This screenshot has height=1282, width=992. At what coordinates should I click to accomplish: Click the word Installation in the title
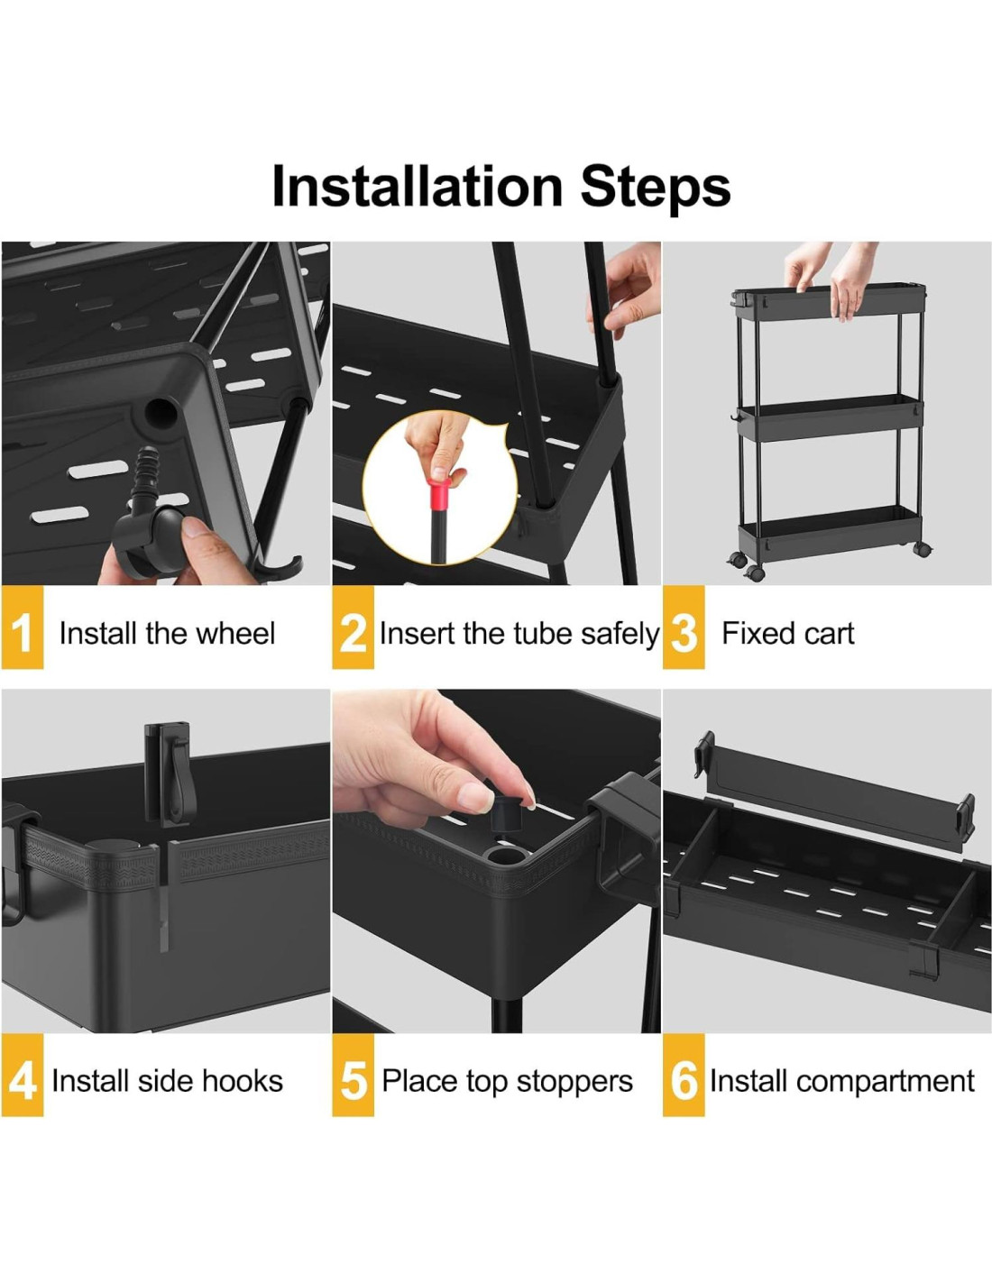click(x=418, y=187)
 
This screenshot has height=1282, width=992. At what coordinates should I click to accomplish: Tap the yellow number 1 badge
click(x=23, y=627)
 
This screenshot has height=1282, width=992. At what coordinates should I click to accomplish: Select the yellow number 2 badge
click(x=353, y=627)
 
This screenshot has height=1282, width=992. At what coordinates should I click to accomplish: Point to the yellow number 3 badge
click(x=684, y=627)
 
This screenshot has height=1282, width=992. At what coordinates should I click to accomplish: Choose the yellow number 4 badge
click(x=23, y=1075)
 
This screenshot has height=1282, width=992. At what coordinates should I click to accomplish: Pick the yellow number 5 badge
click(x=353, y=1075)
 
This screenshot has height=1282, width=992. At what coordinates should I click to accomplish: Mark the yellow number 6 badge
click(x=684, y=1075)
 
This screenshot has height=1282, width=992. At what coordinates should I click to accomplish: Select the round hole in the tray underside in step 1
click(x=161, y=412)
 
